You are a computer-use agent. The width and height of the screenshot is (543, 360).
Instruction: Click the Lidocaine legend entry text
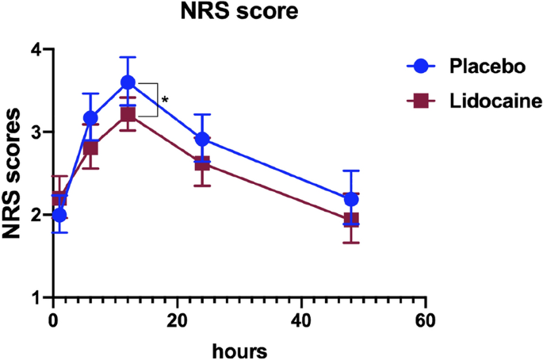(x=491, y=101)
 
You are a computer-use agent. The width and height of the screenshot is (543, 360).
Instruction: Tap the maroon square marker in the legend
(x=421, y=101)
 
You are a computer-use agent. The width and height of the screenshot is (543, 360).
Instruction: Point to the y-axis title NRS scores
(x=13, y=173)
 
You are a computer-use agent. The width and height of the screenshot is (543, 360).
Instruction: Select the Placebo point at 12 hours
(x=128, y=82)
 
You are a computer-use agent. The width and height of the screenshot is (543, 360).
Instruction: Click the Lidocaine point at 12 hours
(x=128, y=114)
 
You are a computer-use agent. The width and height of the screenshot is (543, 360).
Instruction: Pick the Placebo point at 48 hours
(x=351, y=199)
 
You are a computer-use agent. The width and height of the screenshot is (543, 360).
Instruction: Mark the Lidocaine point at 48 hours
(x=351, y=220)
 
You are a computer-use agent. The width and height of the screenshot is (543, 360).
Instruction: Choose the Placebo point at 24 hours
(x=202, y=139)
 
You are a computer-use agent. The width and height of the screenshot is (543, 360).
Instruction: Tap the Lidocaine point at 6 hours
(x=90, y=147)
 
